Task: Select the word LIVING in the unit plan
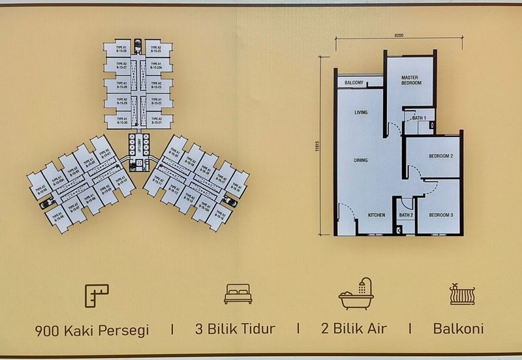point(361,113)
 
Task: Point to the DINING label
point(361,160)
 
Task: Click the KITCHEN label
point(377,215)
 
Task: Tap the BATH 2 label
point(406,215)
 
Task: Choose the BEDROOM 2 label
point(441,157)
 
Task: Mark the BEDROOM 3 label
point(441,215)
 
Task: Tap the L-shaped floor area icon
point(97,295)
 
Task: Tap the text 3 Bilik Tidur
point(235,329)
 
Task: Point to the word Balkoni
point(458,329)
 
